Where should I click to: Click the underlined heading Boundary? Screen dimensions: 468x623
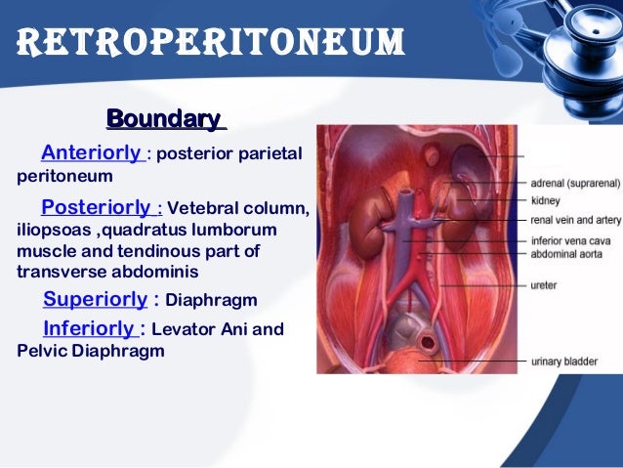(x=163, y=119)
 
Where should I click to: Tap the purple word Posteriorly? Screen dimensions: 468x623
(x=97, y=208)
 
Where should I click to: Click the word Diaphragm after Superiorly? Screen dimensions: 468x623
(x=212, y=299)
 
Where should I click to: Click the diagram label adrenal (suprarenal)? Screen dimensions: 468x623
(x=574, y=182)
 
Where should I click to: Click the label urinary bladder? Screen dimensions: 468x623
(x=561, y=362)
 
